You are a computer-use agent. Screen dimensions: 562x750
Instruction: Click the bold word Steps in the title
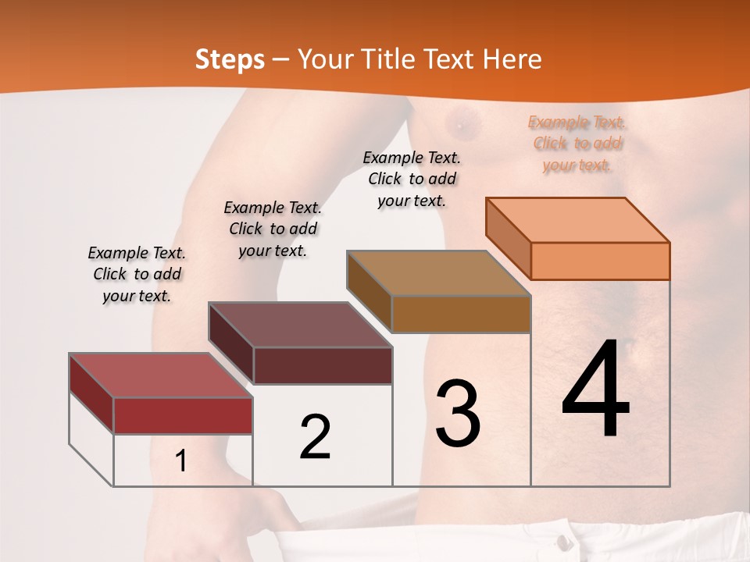click(x=229, y=59)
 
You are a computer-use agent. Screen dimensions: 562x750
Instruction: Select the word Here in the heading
click(x=512, y=59)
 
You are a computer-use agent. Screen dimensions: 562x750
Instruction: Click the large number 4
click(x=595, y=390)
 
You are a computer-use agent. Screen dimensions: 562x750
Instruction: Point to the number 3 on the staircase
click(x=458, y=414)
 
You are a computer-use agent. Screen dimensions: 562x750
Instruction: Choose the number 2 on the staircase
click(x=315, y=436)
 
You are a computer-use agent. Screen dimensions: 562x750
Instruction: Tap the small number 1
click(x=181, y=461)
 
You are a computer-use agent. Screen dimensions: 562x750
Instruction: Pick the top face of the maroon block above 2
click(x=301, y=325)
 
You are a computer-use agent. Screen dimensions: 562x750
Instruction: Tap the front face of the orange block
click(x=600, y=261)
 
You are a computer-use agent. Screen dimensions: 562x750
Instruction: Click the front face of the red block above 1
click(x=183, y=415)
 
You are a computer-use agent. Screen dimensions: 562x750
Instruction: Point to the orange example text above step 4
click(x=577, y=144)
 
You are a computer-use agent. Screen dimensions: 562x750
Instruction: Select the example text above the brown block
click(x=412, y=179)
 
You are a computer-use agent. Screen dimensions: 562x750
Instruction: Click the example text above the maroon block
click(x=273, y=229)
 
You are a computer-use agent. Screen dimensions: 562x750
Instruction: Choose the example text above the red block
click(x=137, y=274)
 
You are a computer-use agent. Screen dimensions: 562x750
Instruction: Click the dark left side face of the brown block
click(x=369, y=290)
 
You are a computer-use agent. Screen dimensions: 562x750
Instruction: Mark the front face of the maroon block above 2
click(x=322, y=365)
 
